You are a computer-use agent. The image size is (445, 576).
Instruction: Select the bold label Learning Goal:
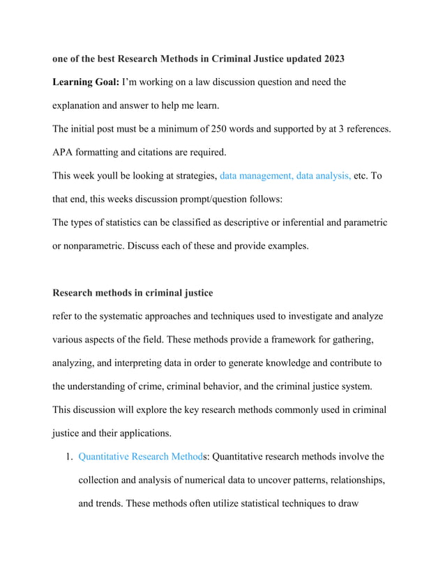[86, 83]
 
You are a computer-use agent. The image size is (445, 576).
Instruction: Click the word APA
[66, 152]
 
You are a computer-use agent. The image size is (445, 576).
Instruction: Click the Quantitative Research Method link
[140, 457]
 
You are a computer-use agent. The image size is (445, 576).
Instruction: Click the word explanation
[83, 106]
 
